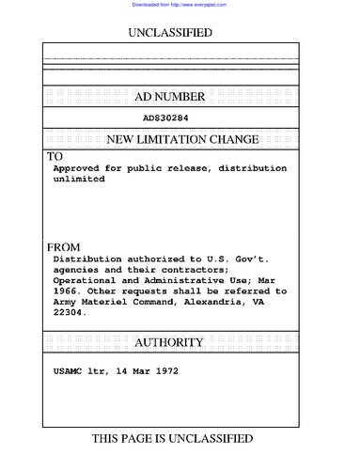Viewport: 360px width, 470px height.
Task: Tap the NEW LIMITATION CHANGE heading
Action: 182,140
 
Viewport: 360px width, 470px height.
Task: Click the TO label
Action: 55,156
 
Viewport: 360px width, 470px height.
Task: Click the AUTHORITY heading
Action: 178,343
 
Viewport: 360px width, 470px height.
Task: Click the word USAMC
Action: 71,371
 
